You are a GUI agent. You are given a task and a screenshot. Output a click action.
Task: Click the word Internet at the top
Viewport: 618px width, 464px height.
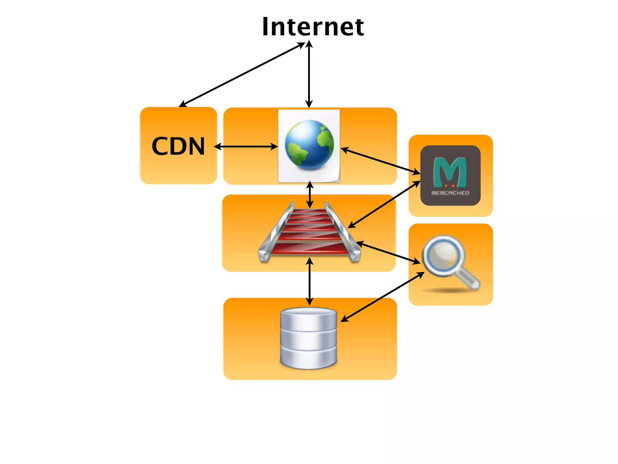tap(313, 27)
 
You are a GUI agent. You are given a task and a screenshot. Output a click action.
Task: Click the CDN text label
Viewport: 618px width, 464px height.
tap(178, 146)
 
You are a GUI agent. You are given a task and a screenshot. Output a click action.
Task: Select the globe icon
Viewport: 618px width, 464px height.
tap(309, 145)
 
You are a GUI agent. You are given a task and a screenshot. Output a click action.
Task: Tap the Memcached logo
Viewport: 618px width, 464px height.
tap(450, 175)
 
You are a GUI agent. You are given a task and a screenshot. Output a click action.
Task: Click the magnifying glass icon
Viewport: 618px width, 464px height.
tap(450, 263)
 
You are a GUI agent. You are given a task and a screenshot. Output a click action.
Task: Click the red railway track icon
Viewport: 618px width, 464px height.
tap(309, 233)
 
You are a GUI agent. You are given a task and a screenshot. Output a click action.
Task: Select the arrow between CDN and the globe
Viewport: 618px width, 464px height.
tap(246, 147)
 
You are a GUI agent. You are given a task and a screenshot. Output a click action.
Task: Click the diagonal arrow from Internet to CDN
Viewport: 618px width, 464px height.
tap(241, 75)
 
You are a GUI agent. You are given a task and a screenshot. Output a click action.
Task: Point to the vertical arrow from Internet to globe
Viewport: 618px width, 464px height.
tap(309, 74)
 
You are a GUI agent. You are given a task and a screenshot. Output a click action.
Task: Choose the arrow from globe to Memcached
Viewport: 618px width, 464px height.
tap(380, 161)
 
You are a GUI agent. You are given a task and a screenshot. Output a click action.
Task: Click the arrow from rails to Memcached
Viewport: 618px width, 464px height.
tap(384, 204)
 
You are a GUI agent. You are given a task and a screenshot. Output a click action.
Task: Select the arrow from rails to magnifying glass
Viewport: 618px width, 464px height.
tap(388, 253)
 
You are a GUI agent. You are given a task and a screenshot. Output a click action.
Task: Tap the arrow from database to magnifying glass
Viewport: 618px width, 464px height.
tap(383, 297)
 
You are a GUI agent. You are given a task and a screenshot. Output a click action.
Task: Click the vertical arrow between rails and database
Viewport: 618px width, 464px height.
tap(309, 281)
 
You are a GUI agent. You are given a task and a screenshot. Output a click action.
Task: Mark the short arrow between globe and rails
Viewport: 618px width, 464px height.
tap(310, 195)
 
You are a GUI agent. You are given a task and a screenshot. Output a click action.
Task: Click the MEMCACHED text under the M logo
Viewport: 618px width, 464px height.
tap(450, 193)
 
